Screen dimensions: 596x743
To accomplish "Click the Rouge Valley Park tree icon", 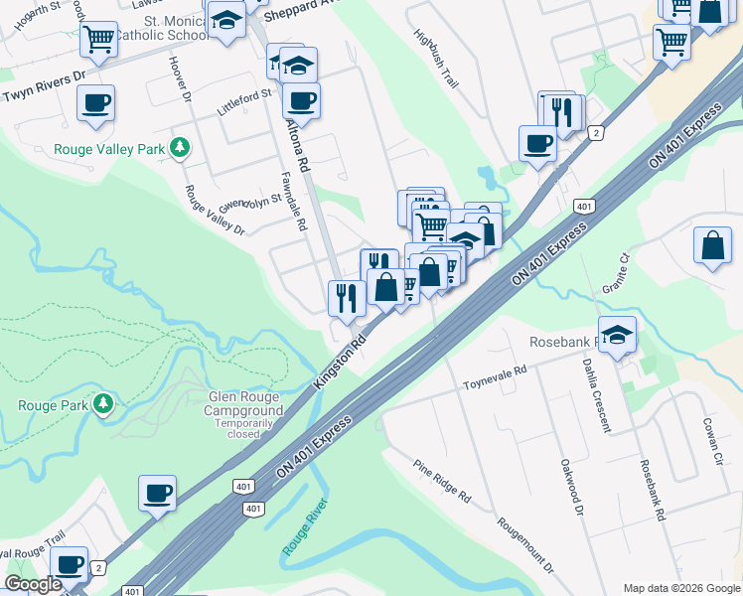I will [179, 149].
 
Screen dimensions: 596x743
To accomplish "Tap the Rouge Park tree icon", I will [103, 404].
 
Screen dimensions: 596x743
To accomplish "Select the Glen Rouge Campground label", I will [244, 403].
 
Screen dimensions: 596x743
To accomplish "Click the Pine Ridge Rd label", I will [443, 480].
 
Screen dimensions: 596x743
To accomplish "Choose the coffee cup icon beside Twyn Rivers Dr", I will [95, 103].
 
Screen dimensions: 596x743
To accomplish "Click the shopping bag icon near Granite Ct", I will [713, 247].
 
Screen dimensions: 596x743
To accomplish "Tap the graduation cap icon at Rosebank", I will [617, 336].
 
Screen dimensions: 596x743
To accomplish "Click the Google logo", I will [33, 585].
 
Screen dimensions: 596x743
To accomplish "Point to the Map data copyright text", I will [681, 587].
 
